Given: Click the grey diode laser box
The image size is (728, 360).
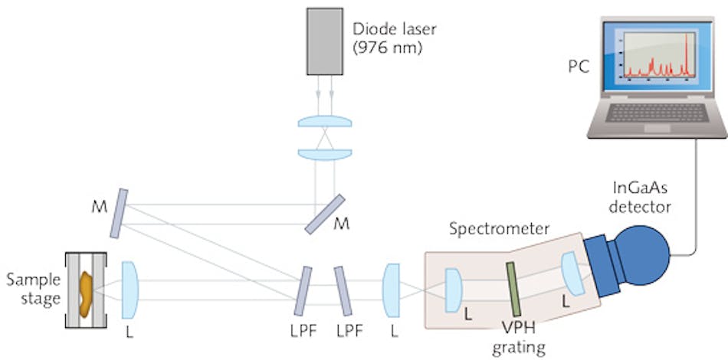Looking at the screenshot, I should pyautogui.click(x=326, y=43).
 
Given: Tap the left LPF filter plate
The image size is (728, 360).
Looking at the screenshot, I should pyautogui.click(x=306, y=291).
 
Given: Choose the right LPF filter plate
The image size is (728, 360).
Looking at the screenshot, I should pyautogui.click(x=343, y=290).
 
